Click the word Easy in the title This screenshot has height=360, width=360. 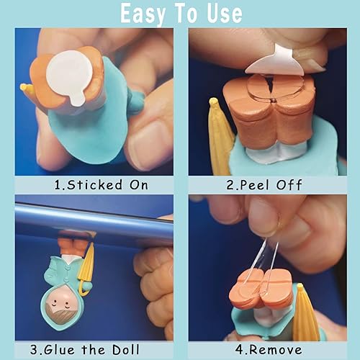click(148, 14)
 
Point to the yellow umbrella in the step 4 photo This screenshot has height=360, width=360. click(307, 314)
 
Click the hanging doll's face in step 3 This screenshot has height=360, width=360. click(64, 310)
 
